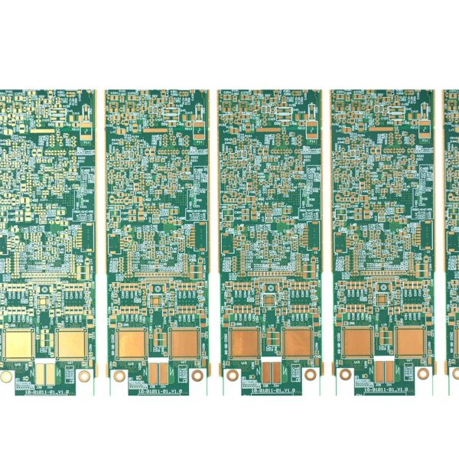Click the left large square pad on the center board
click(x=246, y=343)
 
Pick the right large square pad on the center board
click(x=298, y=343)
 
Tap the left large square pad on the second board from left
click(x=133, y=343)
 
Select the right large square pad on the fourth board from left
click(x=410, y=343)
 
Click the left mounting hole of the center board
click(x=232, y=375)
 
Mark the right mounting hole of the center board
click(x=311, y=375)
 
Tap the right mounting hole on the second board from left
click(x=198, y=375)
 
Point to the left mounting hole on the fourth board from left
click(x=345, y=375)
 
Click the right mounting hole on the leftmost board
click(x=85, y=375)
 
